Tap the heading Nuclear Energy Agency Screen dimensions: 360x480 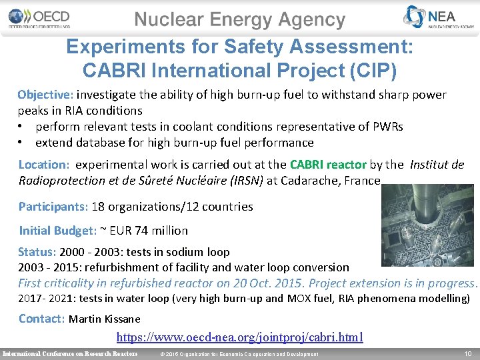tap(240, 20)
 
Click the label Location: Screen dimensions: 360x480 tap(44, 164)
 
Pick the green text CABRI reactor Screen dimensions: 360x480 tap(327, 164)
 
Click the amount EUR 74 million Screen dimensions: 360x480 tap(149, 231)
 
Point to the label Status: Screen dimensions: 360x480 tap(37, 252)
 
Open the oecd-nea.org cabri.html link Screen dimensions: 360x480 tap(240, 337)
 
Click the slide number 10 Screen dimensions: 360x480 tap(467, 353)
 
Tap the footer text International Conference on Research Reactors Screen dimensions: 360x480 tap(70, 353)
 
